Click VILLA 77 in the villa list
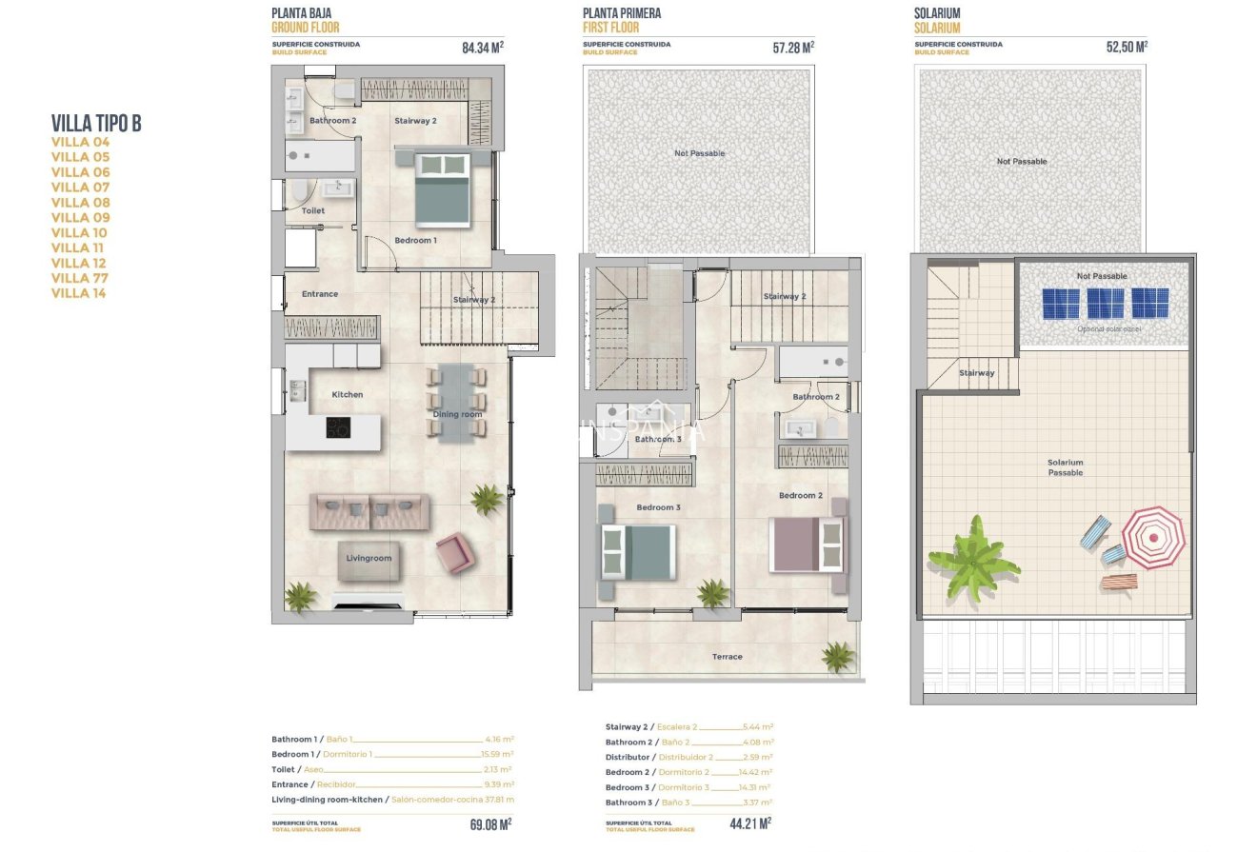click(x=80, y=278)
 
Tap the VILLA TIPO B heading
click(x=96, y=123)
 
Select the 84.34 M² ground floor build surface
click(x=483, y=47)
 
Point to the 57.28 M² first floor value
click(x=793, y=47)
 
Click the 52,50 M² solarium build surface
click(x=1127, y=47)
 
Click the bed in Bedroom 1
click(x=444, y=188)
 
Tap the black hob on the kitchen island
click(x=337, y=427)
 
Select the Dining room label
click(x=458, y=414)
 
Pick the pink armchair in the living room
click(x=454, y=552)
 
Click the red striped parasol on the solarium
click(x=1153, y=537)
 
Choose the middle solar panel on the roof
click(x=1105, y=304)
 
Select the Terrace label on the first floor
click(x=727, y=656)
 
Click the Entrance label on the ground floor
click(x=320, y=294)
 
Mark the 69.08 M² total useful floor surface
click(x=490, y=823)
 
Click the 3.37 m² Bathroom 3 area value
click(x=757, y=802)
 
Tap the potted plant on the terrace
click(x=838, y=656)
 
